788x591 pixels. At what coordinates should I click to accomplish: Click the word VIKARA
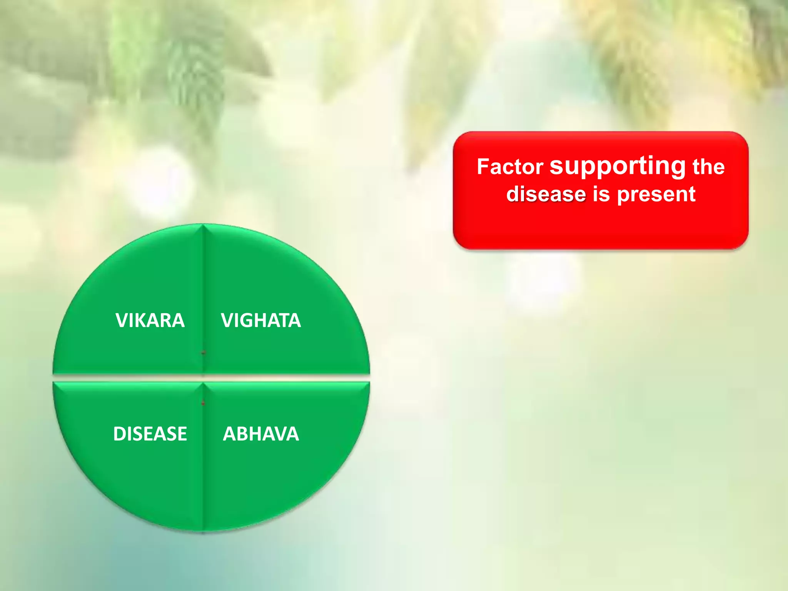point(150,320)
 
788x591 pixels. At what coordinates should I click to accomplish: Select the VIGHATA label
point(261,320)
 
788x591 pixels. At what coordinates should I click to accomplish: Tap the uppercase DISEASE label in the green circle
point(150,434)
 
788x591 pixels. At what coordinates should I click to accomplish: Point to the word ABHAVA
point(261,434)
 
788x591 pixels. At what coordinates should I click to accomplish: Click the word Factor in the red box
point(510,167)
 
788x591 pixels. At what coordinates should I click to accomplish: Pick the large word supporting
point(618,166)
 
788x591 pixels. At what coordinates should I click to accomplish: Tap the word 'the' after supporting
point(708,167)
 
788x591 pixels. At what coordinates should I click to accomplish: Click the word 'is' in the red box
point(601,194)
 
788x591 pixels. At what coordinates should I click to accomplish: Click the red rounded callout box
point(600,227)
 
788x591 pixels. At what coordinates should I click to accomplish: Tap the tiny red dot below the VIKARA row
point(204,352)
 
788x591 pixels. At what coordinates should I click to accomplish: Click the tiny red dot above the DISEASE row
point(203,403)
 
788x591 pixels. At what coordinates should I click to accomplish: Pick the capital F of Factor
point(482,167)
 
